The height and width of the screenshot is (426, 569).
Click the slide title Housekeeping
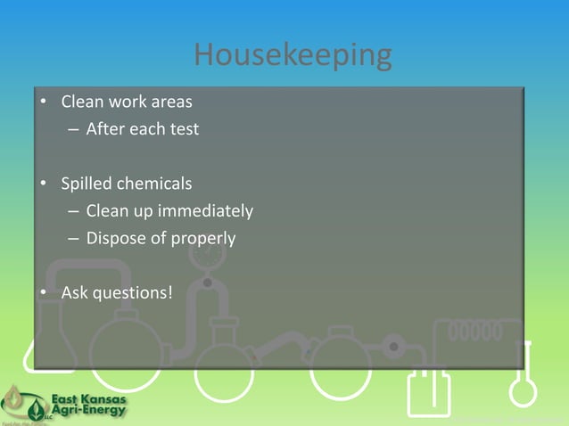293,56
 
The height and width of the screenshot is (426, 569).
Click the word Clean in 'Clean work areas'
80,101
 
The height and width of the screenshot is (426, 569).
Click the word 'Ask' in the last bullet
74,291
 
